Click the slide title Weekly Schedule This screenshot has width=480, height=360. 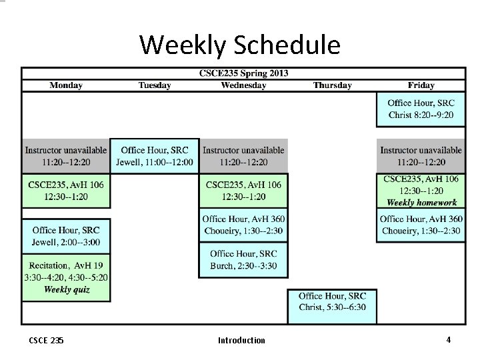[x=240, y=45]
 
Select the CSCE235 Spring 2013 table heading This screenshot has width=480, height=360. [x=244, y=73]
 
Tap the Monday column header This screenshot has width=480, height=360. [x=66, y=85]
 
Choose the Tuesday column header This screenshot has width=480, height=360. [x=155, y=85]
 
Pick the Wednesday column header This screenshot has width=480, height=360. [x=243, y=85]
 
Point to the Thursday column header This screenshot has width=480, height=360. [x=332, y=85]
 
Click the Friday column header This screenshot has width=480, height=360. [x=421, y=85]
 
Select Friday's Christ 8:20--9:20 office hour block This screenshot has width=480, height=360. [x=421, y=109]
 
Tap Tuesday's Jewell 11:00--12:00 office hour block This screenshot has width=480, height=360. [x=155, y=156]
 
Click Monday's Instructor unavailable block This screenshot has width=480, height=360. [x=66, y=156]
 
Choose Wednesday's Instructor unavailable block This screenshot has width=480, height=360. [x=243, y=156]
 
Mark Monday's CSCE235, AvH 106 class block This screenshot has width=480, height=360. [x=66, y=190]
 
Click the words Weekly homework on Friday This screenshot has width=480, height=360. [x=421, y=203]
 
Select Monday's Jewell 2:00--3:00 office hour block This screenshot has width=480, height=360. [x=66, y=236]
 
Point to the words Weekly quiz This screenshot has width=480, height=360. [x=67, y=289]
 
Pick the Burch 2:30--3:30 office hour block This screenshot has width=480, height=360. [x=243, y=259]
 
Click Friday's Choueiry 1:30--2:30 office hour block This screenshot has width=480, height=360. [x=421, y=225]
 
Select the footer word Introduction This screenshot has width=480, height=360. [x=241, y=340]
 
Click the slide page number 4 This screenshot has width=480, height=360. [x=449, y=339]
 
